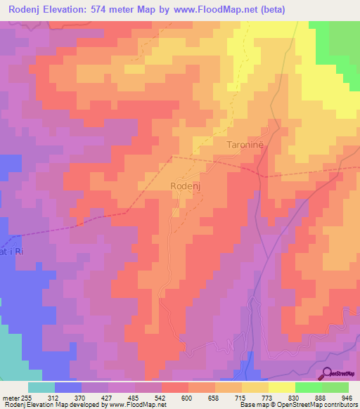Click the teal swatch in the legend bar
tap(41, 387)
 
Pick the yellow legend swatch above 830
tap(281, 387)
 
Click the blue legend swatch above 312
tap(67, 387)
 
